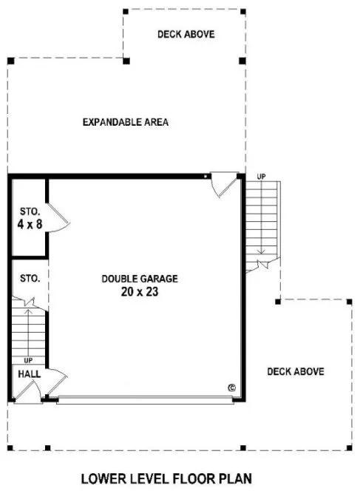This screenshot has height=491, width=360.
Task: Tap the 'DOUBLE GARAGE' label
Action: click(140, 279)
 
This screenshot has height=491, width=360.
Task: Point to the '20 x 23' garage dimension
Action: click(140, 292)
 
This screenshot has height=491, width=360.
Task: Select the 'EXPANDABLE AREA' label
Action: click(126, 122)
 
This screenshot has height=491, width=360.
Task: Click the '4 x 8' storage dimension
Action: click(29, 222)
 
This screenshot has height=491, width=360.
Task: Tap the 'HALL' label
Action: click(29, 375)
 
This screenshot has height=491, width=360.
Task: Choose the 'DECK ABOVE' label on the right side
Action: click(296, 371)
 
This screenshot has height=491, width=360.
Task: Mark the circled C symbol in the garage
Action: click(231, 387)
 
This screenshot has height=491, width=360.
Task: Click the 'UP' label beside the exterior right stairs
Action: click(261, 177)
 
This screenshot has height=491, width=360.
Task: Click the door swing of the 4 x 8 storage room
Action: click(58, 218)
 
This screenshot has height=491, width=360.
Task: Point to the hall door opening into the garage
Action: click(56, 383)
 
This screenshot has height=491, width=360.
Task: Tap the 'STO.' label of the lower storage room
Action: click(30, 279)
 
